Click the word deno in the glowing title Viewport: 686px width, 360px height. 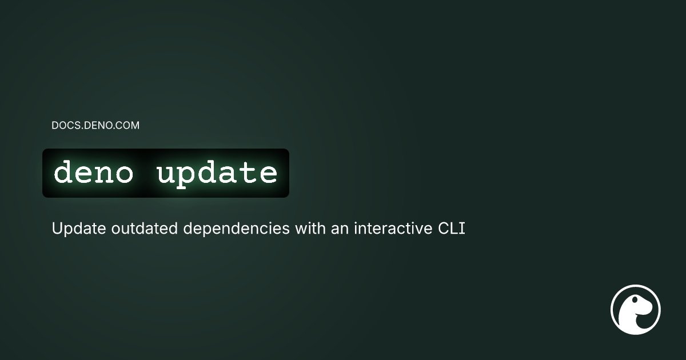pyautogui.click(x=93, y=173)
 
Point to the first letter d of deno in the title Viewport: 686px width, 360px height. pyautogui.click(x=63, y=173)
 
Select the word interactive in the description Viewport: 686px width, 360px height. pyautogui.click(x=389, y=229)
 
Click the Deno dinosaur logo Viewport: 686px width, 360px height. pyautogui.click(x=636, y=309)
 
